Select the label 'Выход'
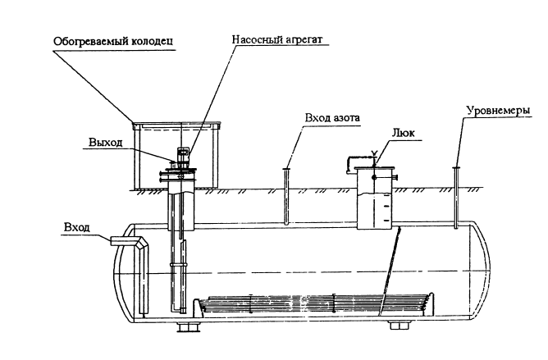point(106,143)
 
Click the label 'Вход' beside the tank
point(75,224)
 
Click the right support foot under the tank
point(400,326)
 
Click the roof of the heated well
point(180,125)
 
